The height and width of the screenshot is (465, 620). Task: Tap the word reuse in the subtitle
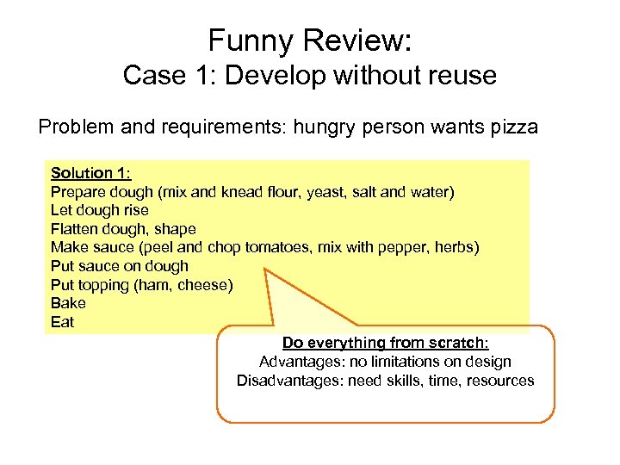[x=462, y=76]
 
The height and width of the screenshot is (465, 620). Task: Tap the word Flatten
[x=75, y=229]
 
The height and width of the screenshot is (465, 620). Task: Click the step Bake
[x=68, y=303]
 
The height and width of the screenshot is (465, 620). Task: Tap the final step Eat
[x=62, y=322]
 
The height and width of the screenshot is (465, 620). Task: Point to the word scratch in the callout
[x=460, y=343]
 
